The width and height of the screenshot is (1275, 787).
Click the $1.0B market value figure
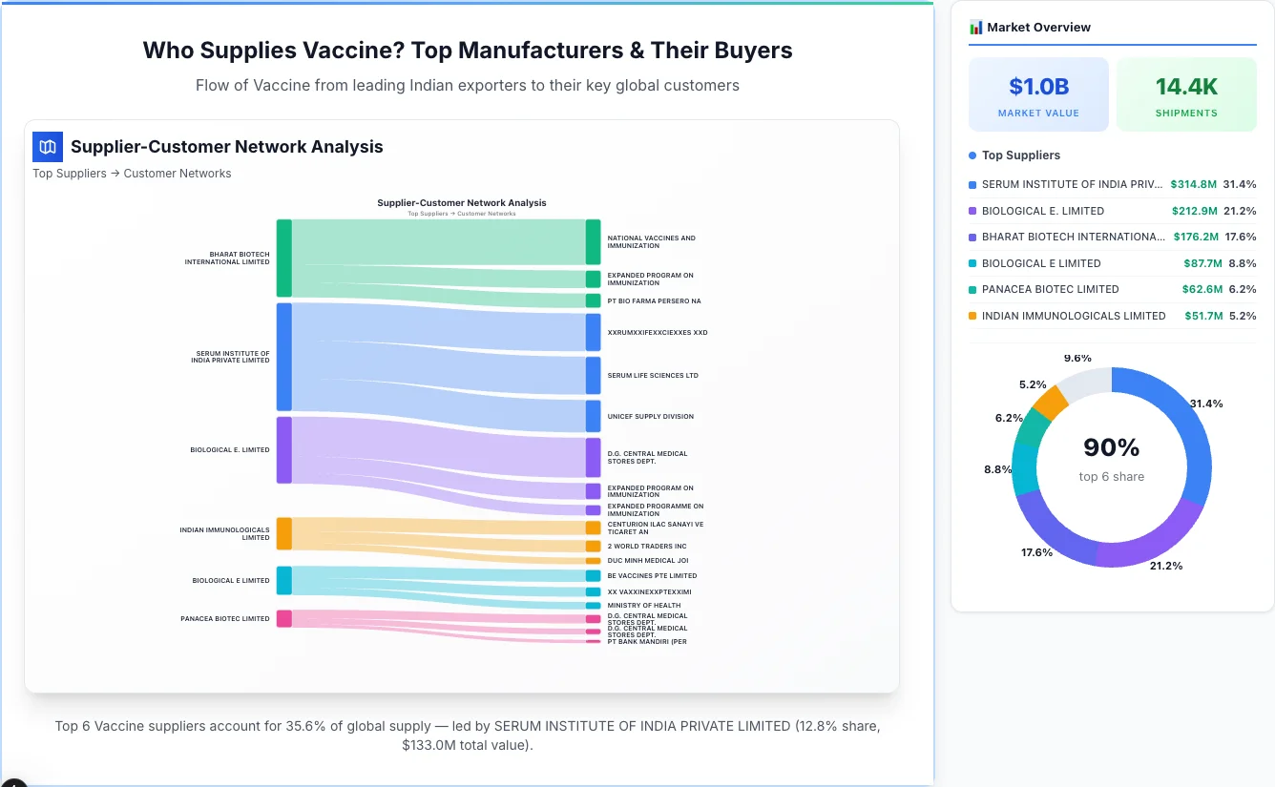click(1038, 87)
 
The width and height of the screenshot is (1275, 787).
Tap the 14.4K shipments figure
click(1186, 87)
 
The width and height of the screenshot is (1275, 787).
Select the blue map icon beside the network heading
click(48, 147)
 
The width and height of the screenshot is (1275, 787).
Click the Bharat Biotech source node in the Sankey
click(284, 258)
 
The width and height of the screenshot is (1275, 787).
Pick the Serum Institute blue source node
click(284, 357)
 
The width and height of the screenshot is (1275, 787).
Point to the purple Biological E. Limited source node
click(284, 449)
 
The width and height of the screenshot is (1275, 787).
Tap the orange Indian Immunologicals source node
click(284, 533)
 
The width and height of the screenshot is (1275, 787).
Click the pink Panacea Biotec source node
click(284, 618)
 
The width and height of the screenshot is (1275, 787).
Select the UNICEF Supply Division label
click(650, 417)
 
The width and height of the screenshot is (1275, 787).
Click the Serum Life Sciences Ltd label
click(653, 376)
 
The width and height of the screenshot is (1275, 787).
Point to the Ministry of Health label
click(644, 606)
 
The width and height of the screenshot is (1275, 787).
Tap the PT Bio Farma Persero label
click(654, 301)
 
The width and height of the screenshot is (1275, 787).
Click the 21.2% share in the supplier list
click(1240, 211)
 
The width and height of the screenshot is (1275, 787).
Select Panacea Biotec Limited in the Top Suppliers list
click(1050, 289)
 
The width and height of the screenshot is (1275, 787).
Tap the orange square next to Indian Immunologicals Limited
click(972, 316)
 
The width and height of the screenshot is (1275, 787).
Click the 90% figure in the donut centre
click(1112, 447)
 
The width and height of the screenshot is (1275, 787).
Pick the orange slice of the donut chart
click(1051, 404)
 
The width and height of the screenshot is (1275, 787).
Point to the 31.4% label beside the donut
click(1206, 404)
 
